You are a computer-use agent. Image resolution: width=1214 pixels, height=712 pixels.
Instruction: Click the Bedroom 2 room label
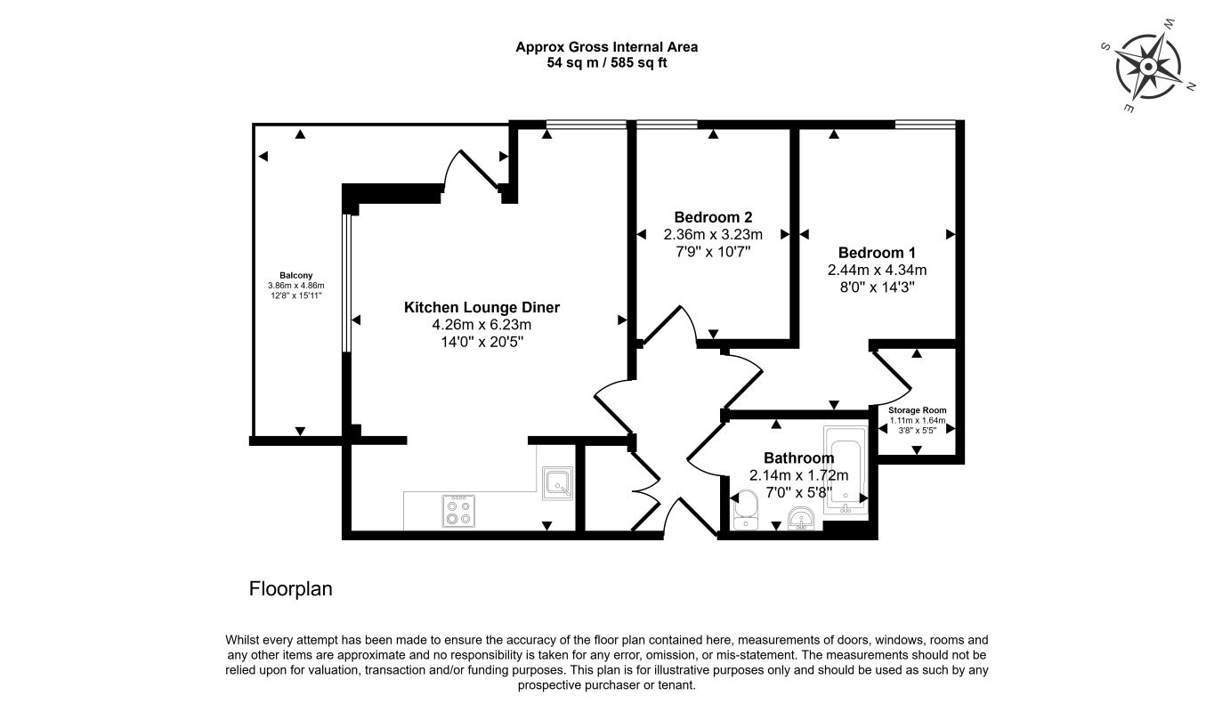(x=713, y=217)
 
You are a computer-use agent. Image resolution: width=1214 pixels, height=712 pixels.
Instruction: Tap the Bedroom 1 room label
(x=877, y=253)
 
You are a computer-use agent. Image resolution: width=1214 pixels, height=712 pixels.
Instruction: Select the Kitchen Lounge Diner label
(x=482, y=307)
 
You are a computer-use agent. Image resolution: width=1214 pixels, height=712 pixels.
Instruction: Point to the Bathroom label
(x=798, y=457)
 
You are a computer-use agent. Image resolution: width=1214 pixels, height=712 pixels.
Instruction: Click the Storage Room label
(x=917, y=410)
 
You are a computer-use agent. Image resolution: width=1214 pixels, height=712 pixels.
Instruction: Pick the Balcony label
(x=295, y=275)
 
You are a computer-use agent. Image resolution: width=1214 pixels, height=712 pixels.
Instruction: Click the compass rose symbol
(x=1148, y=67)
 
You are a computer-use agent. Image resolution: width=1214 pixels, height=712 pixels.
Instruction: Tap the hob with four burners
(x=458, y=511)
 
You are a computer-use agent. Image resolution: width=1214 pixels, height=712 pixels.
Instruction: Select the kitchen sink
(x=557, y=483)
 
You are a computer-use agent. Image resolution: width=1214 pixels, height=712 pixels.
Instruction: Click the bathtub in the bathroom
(x=846, y=470)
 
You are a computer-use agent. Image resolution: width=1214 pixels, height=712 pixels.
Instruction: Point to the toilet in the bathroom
(x=746, y=509)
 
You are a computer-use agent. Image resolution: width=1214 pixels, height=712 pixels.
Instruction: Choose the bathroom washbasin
(x=801, y=517)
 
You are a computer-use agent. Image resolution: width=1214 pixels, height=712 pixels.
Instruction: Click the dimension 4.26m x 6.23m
(x=482, y=325)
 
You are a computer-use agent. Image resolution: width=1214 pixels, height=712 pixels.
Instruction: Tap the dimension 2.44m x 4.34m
(x=877, y=270)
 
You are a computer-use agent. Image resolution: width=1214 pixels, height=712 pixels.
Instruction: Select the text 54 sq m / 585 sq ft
(x=606, y=63)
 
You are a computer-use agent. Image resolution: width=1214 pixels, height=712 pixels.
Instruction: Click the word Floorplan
(x=290, y=588)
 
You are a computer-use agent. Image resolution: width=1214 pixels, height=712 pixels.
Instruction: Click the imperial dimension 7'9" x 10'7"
(x=713, y=252)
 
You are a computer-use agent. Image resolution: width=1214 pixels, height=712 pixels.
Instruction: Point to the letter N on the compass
(x=1191, y=86)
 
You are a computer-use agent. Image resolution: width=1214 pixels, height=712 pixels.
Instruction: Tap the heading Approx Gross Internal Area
(x=606, y=47)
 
